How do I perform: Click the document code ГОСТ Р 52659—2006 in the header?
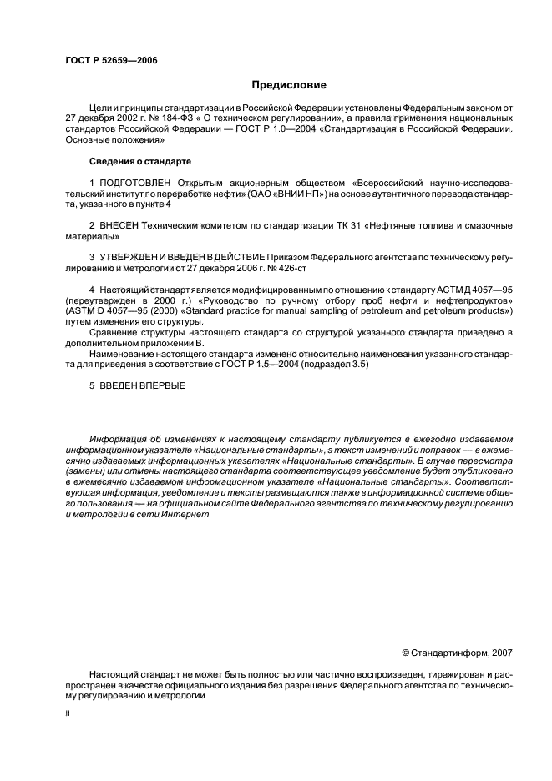coord(111,61)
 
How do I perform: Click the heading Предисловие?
coord(289,85)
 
